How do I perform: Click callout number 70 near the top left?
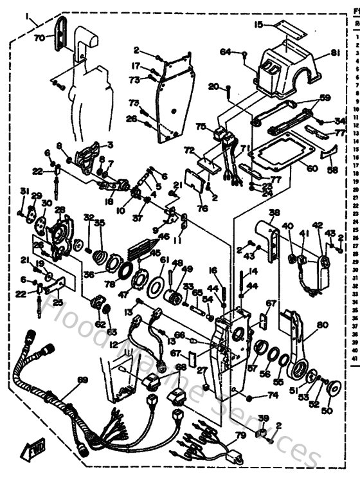point(39,37)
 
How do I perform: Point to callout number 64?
point(225,51)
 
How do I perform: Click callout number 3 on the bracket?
point(110,145)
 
